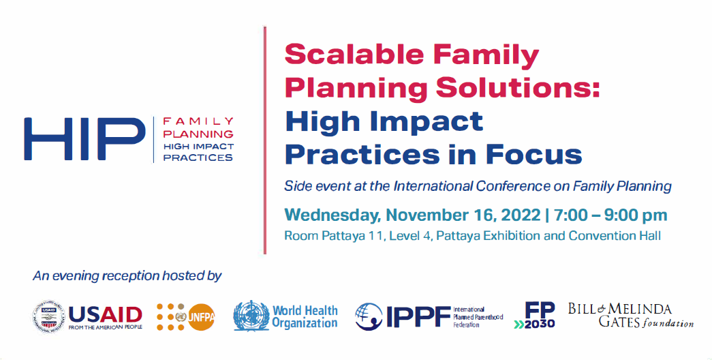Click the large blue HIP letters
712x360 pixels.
(85, 139)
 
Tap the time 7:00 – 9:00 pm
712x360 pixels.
(610, 215)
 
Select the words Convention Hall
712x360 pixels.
(615, 236)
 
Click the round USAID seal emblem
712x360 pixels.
(48, 317)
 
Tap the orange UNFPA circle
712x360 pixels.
(201, 317)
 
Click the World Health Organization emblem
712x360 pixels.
(251, 316)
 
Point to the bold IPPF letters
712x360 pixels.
(418, 316)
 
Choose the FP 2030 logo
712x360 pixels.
(534, 315)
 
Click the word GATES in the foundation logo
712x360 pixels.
(619, 322)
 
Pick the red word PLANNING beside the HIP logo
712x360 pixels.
(198, 134)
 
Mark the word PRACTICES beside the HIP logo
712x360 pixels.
(198, 157)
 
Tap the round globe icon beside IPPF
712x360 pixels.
(369, 316)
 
